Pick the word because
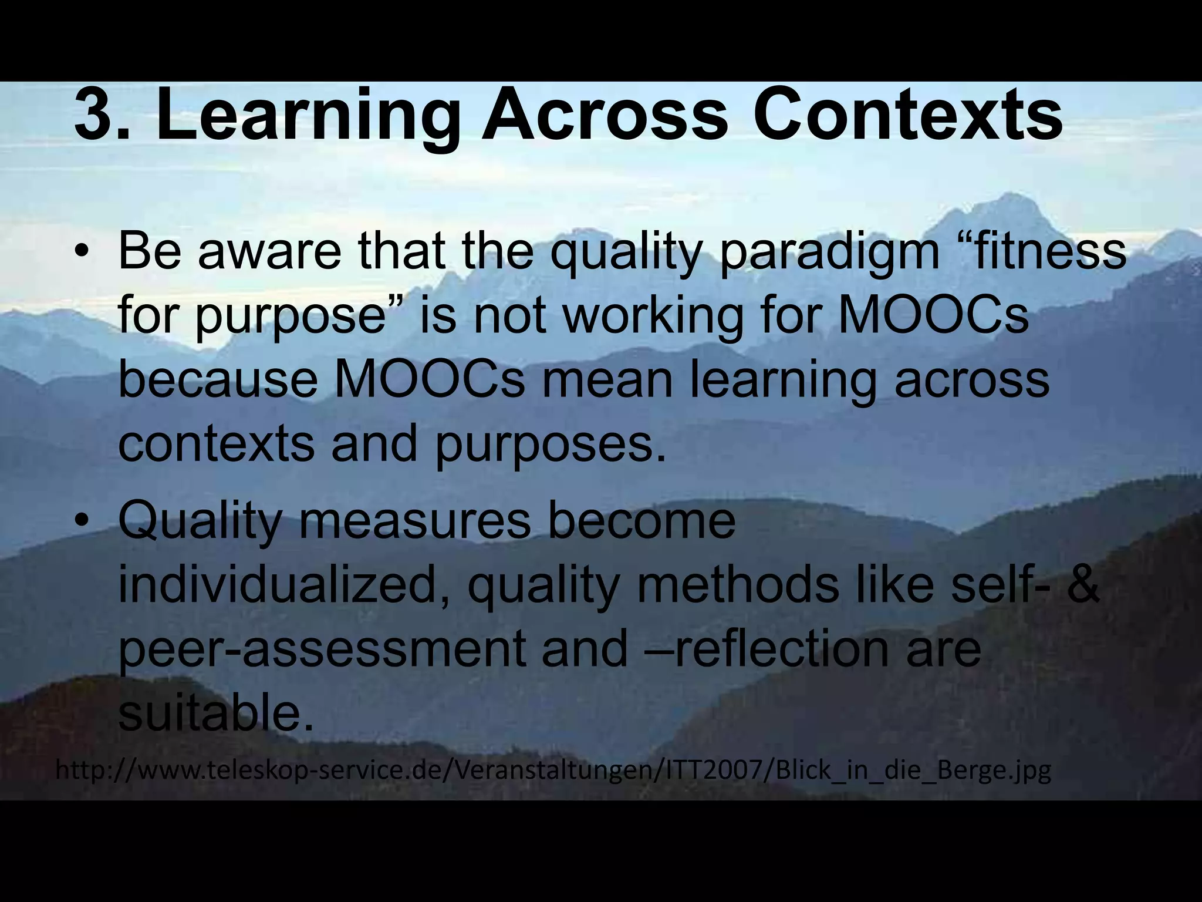(x=218, y=379)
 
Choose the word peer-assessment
(x=322, y=651)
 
